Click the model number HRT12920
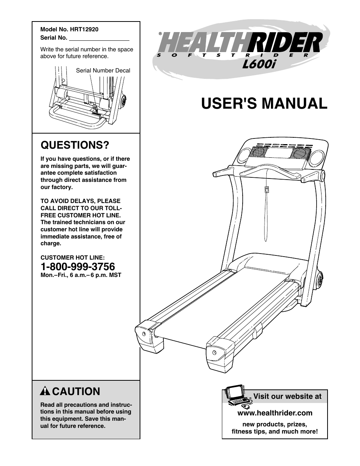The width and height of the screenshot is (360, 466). pyautogui.click(x=84, y=29)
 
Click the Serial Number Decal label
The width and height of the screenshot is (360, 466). pyautogui.click(x=103, y=71)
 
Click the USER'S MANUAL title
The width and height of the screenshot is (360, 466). pyautogui.click(x=264, y=103)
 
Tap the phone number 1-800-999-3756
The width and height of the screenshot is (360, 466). pyautogui.click(x=78, y=266)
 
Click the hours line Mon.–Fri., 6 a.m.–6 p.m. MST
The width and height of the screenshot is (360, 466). pyautogui.click(x=81, y=275)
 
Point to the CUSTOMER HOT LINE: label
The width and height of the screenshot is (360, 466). pyautogui.click(x=72, y=258)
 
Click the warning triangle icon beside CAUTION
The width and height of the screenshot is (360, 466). pyautogui.click(x=45, y=391)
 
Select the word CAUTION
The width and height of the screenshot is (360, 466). pyautogui.click(x=76, y=392)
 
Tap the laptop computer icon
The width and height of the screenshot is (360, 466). pyautogui.click(x=236, y=395)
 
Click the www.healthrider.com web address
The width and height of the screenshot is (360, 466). pyautogui.click(x=275, y=413)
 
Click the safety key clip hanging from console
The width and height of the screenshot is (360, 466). pyautogui.click(x=267, y=189)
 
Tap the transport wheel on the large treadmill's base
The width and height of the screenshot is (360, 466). pyautogui.click(x=320, y=280)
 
